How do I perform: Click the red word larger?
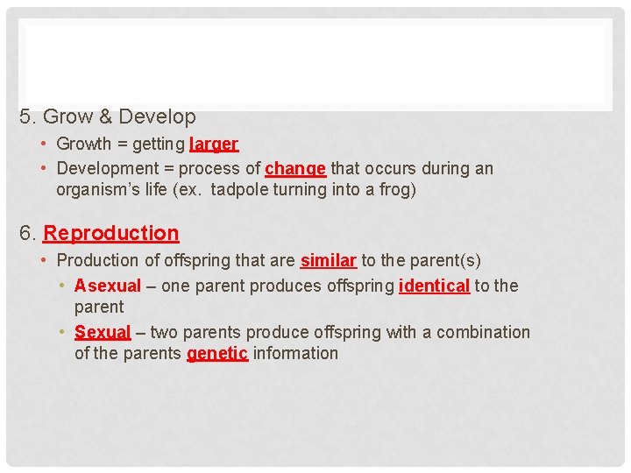pyautogui.click(x=213, y=144)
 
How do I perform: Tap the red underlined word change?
pyautogui.click(x=295, y=168)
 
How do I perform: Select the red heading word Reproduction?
pyautogui.click(x=111, y=233)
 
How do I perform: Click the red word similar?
pyautogui.click(x=328, y=260)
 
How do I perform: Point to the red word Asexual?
pyautogui.click(x=108, y=286)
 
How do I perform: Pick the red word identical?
pyautogui.click(x=434, y=286)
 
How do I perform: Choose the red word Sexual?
pyautogui.click(x=103, y=332)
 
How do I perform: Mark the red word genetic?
pyautogui.click(x=217, y=353)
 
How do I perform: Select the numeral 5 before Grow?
pyautogui.click(x=25, y=116)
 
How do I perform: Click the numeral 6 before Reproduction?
pyautogui.click(x=25, y=233)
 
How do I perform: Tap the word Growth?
pyautogui.click(x=84, y=144)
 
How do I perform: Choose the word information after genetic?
pyautogui.click(x=295, y=353)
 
